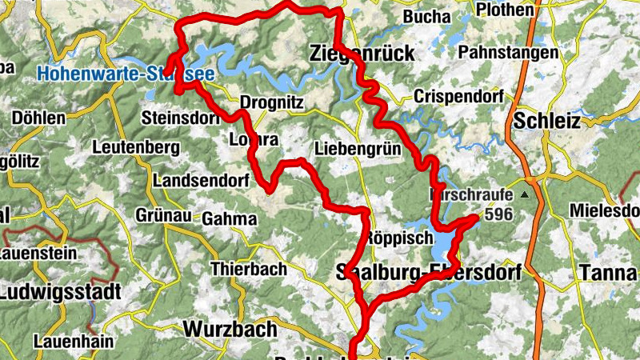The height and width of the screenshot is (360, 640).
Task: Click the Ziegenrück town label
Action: point(362,54)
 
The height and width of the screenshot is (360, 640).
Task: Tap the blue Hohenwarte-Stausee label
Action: point(125,74)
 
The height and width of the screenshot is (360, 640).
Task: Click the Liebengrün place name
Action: point(355,149)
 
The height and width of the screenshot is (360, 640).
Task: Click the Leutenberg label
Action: point(135,147)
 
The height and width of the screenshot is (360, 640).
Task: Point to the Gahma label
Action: point(230,218)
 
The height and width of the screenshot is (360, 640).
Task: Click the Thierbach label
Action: point(248,269)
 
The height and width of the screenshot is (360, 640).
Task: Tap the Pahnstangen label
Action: point(508,52)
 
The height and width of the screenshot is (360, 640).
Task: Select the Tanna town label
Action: point(607,273)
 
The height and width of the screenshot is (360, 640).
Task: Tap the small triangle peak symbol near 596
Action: point(525,194)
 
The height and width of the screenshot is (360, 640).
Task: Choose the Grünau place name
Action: point(162,215)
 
